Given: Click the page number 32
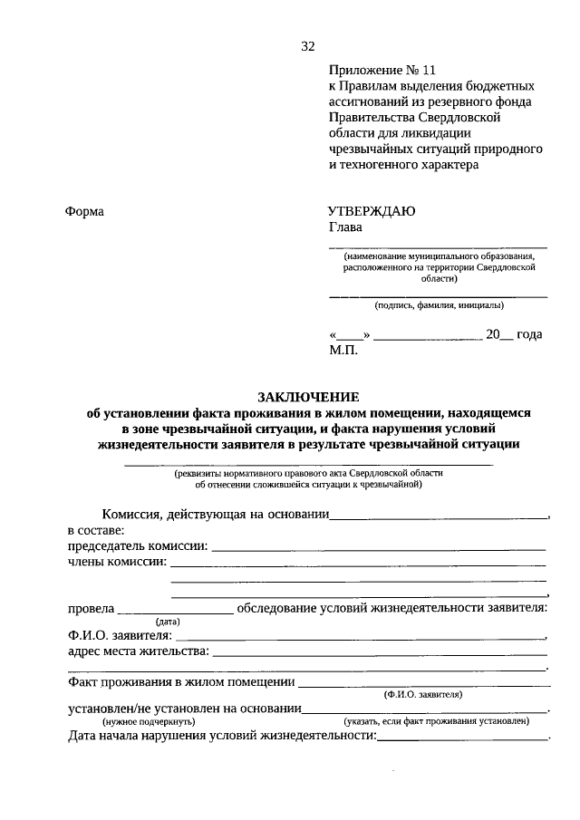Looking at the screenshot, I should (x=307, y=47).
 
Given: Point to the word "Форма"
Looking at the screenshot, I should (x=85, y=211).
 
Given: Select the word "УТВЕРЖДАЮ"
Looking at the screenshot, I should (x=372, y=211).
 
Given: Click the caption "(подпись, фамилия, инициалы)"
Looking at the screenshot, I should (x=439, y=305).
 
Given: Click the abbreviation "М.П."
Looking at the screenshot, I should (x=343, y=350).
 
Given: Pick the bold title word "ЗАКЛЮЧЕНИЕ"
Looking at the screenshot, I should (x=308, y=397).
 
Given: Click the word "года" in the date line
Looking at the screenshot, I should (x=529, y=334).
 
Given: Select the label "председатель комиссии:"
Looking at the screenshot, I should (x=138, y=546).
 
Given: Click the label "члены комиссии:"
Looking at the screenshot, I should (x=117, y=563).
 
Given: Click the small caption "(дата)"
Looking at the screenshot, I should (x=168, y=622).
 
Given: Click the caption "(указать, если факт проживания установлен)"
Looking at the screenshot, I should (x=436, y=722).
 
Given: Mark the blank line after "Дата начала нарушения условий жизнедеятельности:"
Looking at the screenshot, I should (x=462, y=738).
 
